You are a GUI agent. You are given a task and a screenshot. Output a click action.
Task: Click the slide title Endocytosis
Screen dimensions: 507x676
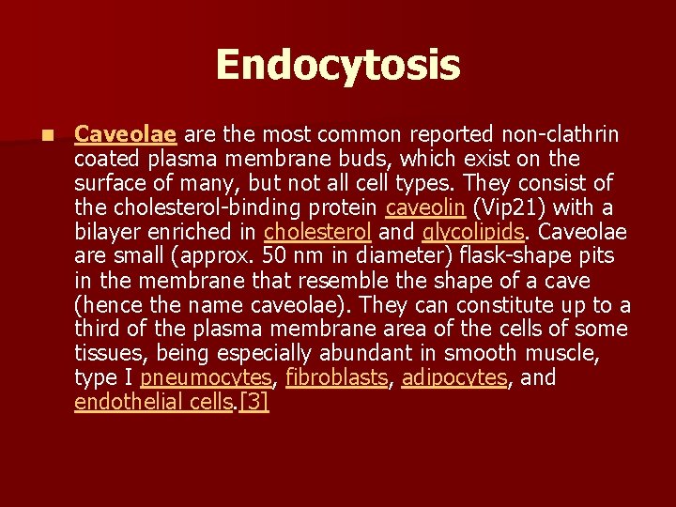tap(338, 66)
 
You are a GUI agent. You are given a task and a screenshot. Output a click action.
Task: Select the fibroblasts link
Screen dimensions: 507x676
tap(336, 378)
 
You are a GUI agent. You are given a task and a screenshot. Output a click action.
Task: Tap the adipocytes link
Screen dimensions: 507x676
tap(454, 378)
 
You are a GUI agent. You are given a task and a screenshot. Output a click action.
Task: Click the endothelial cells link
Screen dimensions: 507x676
tap(154, 403)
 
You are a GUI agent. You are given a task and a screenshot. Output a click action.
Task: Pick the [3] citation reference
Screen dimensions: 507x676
tap(254, 403)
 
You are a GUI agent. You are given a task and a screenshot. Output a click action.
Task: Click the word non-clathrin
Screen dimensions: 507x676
tap(558, 134)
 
